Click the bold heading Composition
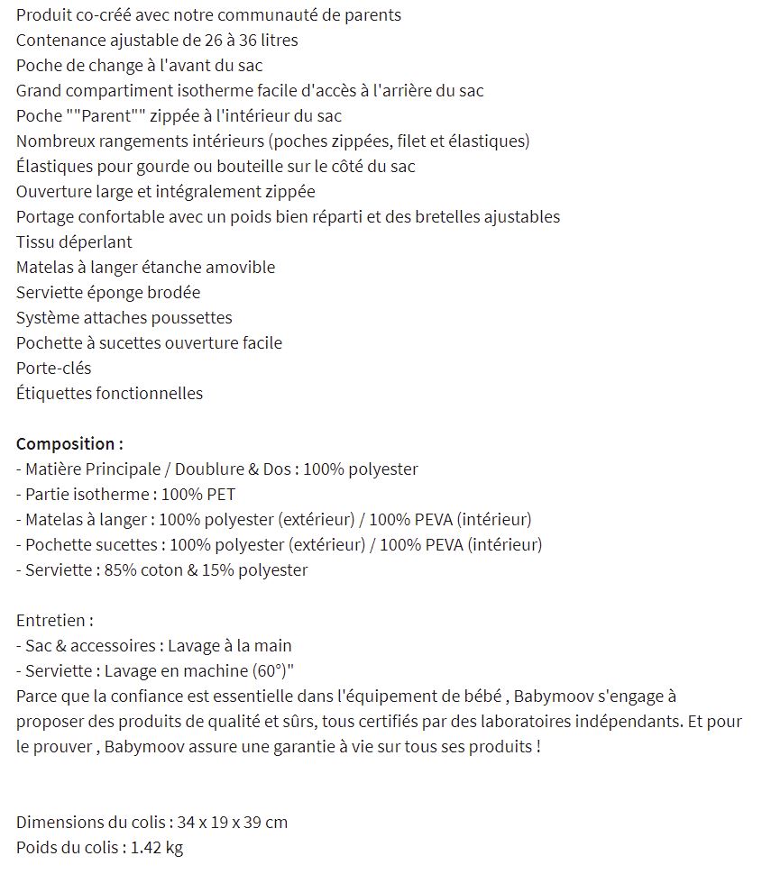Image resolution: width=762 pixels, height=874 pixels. point(69,444)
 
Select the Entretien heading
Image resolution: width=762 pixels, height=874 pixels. point(54,621)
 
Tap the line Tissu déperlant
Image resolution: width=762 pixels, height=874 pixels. point(74,242)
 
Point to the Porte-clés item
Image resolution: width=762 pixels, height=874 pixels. point(53,369)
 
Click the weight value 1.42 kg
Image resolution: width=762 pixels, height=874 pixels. point(157,848)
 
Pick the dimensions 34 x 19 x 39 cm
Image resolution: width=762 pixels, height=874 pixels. point(233,823)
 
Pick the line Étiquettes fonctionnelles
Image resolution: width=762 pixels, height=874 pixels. point(109,394)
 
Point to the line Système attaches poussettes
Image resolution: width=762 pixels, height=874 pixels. point(124,318)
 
